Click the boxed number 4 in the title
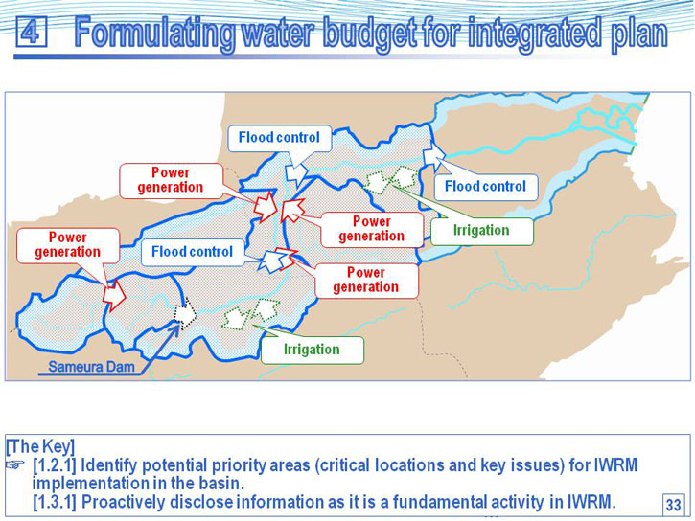point(31,32)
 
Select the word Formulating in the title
point(154,34)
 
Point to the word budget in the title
point(369,34)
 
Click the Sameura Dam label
point(91,367)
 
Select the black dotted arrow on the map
point(185,313)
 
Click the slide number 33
point(673,505)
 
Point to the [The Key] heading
point(40,446)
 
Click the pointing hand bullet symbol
point(15,464)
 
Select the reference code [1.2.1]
point(55,465)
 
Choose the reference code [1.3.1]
point(55,502)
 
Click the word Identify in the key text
point(109,465)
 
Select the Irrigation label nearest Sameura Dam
point(313,350)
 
